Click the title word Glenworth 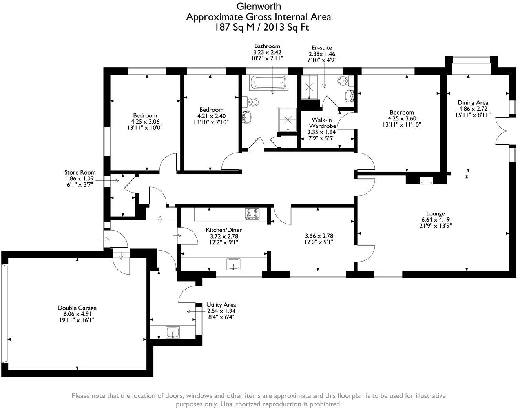tap(259, 6)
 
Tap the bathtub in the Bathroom tap(268, 83)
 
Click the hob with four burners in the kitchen tap(252, 214)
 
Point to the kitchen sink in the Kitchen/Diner tap(233, 264)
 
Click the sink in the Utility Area tap(173, 332)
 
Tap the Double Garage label tap(77, 308)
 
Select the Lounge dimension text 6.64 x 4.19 tap(436, 220)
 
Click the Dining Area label tap(473, 102)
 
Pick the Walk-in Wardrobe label tap(322, 123)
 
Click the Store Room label tap(80, 172)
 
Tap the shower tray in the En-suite tap(309, 87)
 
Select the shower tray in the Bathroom tap(288, 120)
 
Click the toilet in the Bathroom tap(250, 102)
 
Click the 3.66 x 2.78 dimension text tap(319, 236)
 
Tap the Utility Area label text tap(221, 305)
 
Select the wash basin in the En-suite tap(349, 96)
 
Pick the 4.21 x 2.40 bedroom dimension tap(212, 116)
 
